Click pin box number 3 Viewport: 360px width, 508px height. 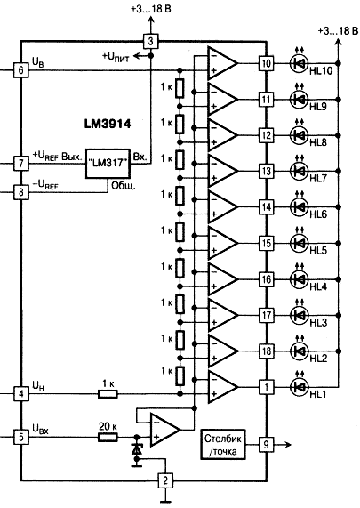151,41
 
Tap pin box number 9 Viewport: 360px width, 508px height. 264,443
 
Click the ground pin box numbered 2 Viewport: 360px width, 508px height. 164,481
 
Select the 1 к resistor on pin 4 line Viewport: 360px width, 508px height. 108,391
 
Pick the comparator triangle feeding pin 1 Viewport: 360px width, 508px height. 220,386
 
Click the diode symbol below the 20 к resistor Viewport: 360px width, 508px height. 136,453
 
